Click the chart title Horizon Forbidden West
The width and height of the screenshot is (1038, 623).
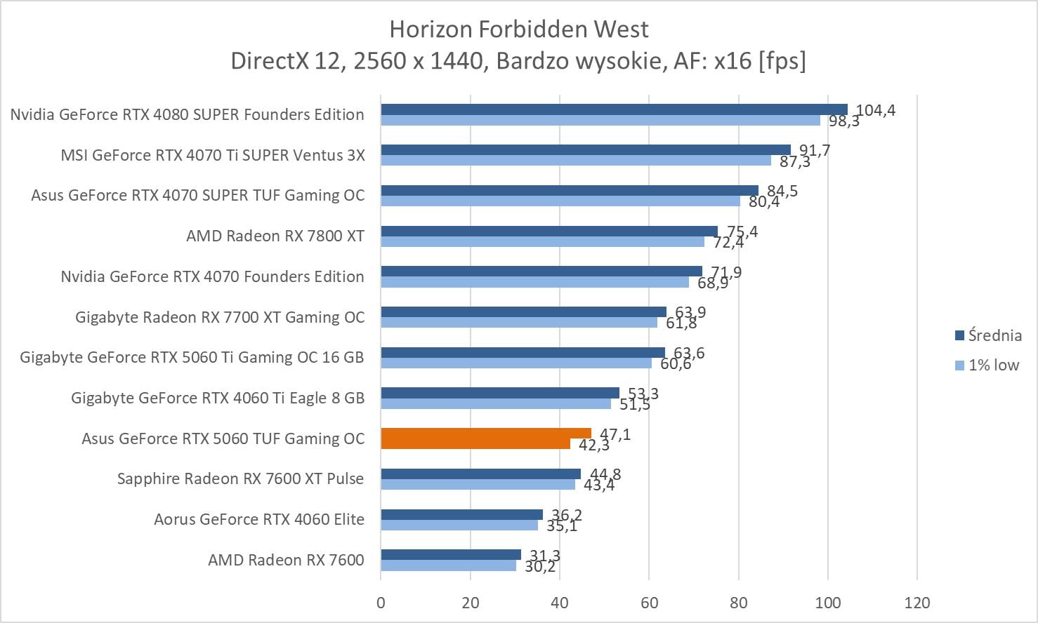click(x=518, y=29)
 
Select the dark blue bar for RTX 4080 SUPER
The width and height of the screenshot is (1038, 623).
click(x=614, y=109)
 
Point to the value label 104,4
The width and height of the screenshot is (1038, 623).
click(x=876, y=110)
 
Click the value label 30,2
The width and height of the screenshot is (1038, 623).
click(x=540, y=567)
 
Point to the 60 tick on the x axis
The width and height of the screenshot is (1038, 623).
click(x=649, y=603)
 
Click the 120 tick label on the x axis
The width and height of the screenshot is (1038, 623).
click(x=917, y=603)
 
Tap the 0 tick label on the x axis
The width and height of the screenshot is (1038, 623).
click(x=381, y=603)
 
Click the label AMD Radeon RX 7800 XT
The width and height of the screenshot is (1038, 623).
click(x=275, y=236)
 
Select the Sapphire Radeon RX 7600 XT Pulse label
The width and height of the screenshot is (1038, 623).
click(x=240, y=478)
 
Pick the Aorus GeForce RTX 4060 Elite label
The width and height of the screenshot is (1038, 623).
click(x=259, y=519)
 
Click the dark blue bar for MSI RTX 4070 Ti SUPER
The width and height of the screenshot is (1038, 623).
click(x=586, y=150)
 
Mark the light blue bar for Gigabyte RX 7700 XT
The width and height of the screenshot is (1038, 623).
click(x=519, y=323)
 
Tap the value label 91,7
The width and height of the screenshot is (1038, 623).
click(x=815, y=150)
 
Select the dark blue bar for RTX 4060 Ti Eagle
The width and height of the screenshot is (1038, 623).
click(x=500, y=393)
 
